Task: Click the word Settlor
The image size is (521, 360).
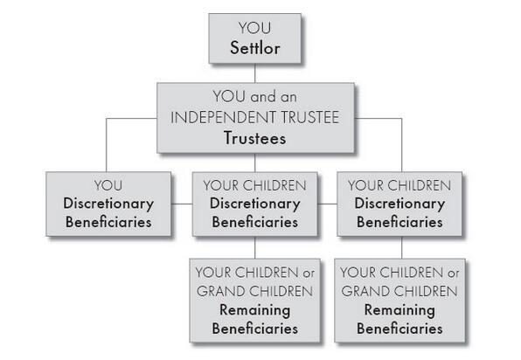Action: [255, 48]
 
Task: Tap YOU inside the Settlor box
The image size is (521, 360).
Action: [255, 28]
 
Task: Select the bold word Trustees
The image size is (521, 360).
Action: [255, 138]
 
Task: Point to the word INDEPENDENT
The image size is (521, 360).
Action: [223, 118]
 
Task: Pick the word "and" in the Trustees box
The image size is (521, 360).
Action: [263, 97]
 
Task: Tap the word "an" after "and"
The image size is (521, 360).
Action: [288, 98]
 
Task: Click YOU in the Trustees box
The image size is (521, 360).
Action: [229, 97]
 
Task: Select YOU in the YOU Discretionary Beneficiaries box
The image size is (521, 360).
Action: [108, 185]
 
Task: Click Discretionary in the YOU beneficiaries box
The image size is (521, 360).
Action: [108, 204]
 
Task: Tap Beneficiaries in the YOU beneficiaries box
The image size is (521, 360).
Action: [108, 222]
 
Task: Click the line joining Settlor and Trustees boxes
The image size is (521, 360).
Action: [255, 73]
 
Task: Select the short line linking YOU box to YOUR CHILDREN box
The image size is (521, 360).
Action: [182, 204]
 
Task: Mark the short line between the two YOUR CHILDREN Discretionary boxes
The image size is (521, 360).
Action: [327, 204]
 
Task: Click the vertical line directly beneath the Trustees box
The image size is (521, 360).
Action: [255, 163]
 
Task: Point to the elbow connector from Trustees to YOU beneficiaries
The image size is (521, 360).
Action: [107, 119]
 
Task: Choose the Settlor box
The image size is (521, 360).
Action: [255, 38]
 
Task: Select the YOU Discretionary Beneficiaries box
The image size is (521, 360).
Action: [108, 204]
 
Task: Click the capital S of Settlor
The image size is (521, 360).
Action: [234, 48]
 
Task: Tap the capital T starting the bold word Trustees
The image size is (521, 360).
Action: [228, 138]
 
